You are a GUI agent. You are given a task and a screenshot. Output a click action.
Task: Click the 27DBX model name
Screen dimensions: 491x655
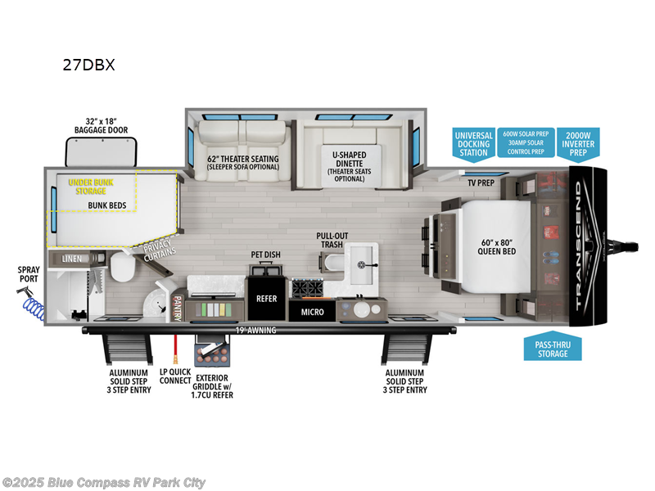(88, 65)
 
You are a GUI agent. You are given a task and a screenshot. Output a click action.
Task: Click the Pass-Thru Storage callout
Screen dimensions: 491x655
(553, 349)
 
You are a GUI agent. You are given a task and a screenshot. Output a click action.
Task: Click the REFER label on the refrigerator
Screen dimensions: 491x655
(267, 299)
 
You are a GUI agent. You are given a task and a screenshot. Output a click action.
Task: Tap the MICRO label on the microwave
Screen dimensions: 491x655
(312, 312)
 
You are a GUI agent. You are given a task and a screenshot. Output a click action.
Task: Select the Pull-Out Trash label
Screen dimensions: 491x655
(332, 240)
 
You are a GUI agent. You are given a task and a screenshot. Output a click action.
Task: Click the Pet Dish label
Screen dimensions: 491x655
(265, 255)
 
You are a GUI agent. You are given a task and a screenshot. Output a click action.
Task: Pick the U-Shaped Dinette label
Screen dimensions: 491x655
(350, 166)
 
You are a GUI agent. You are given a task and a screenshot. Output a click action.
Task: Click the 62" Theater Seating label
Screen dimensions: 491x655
(243, 163)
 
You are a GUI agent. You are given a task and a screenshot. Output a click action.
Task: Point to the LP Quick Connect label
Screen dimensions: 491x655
(174, 376)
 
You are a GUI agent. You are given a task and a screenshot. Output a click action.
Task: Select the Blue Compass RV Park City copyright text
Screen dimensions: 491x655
(104, 482)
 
